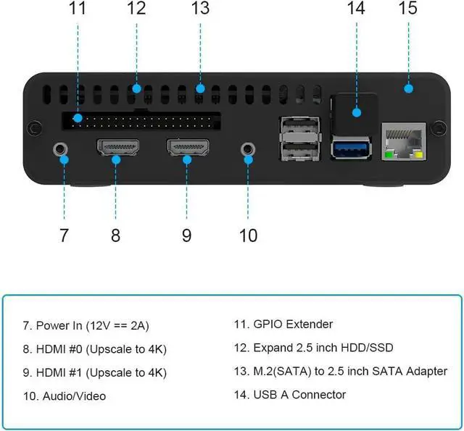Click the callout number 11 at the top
point(78,9)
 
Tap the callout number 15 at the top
point(408,9)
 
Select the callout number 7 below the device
point(64,235)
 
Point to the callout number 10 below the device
point(248,235)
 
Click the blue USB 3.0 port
point(352,150)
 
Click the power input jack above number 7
point(62,150)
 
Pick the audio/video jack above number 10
point(248,148)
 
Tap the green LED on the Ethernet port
point(389,154)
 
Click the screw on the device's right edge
point(438,128)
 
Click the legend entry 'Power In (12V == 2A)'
point(96,325)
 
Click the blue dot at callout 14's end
point(356,112)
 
